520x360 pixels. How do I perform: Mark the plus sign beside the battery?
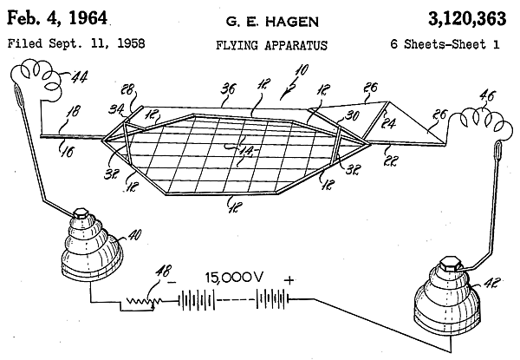289,279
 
